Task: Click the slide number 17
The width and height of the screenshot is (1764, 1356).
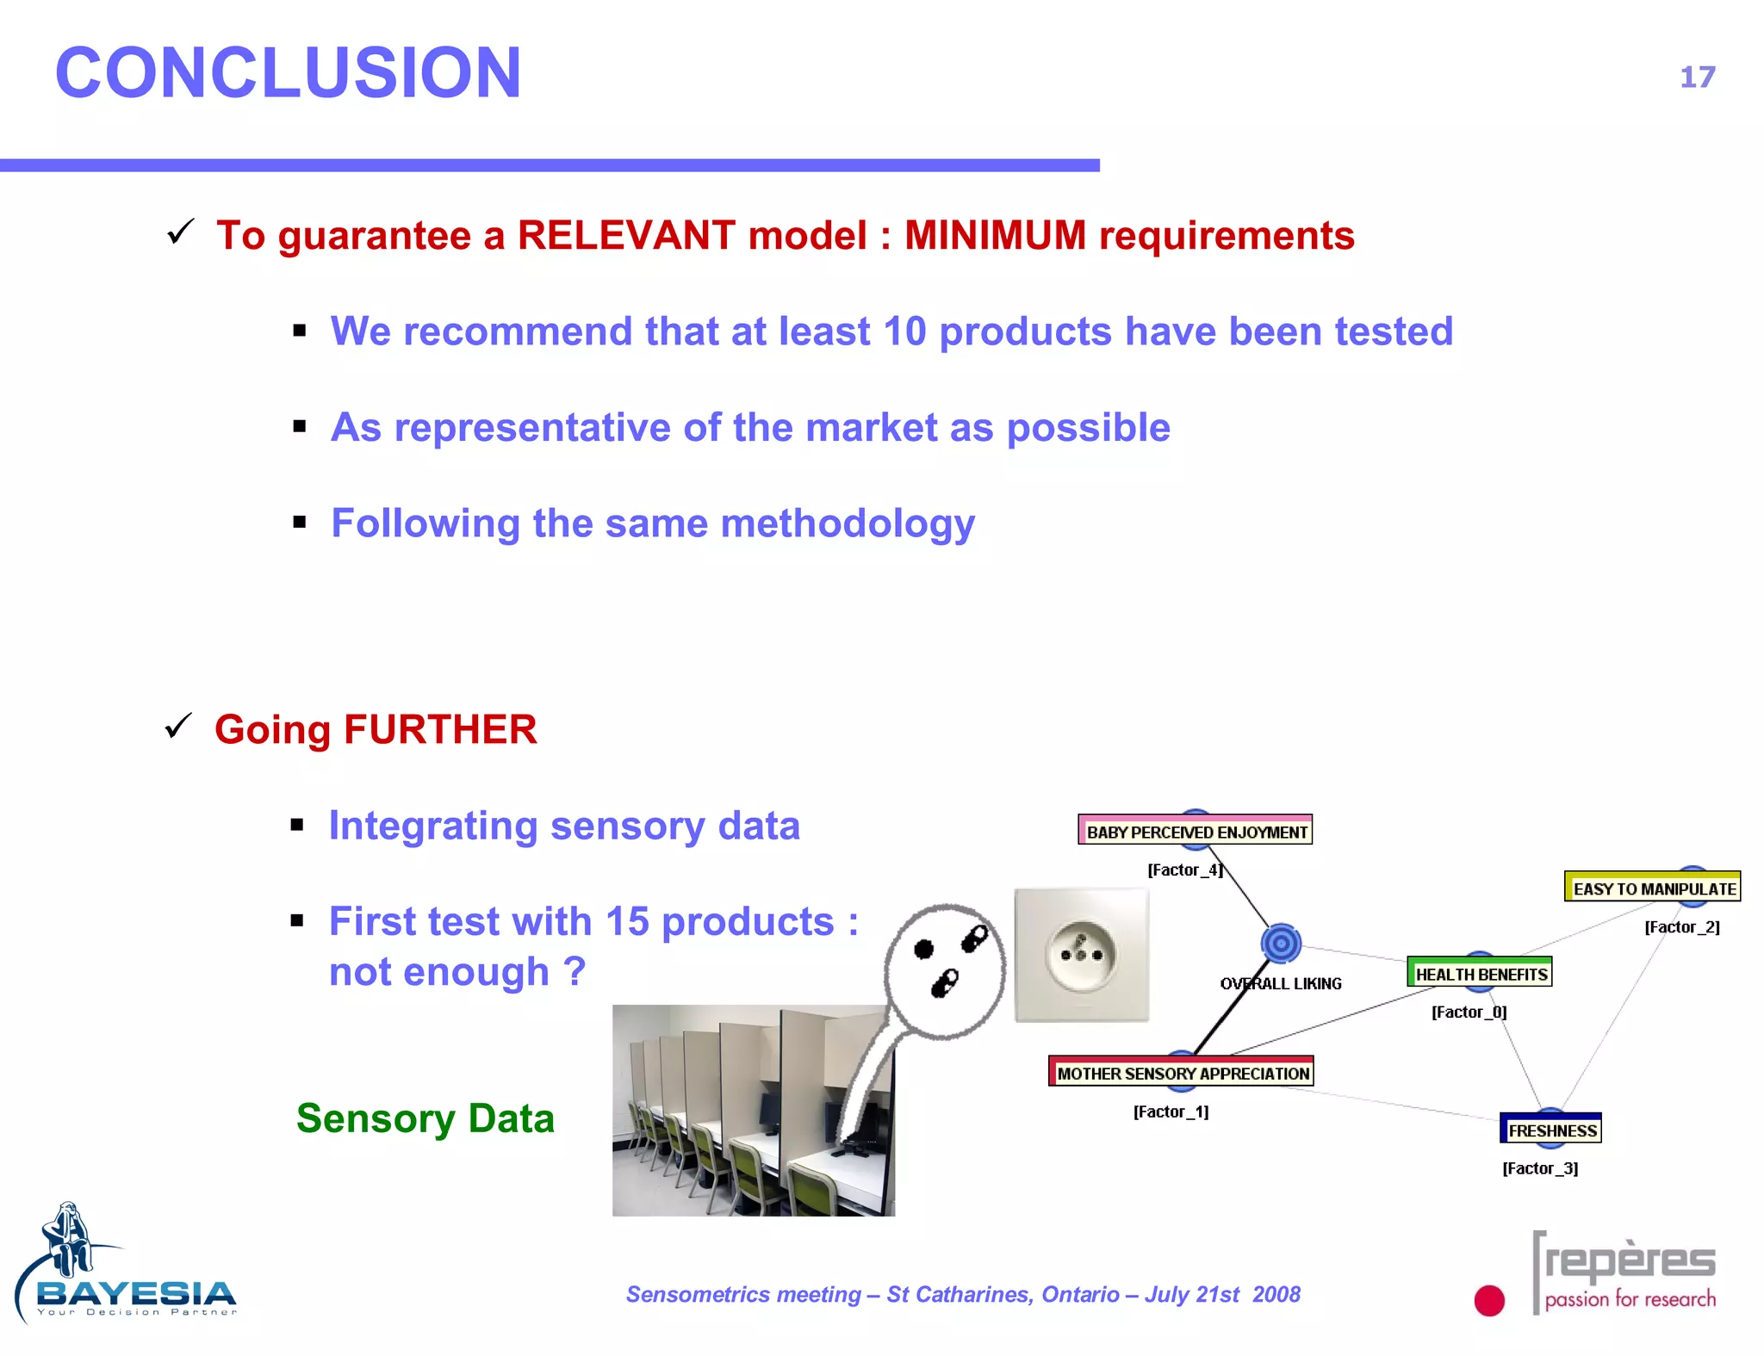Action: [x=1697, y=77]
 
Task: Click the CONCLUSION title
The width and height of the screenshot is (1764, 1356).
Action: [x=288, y=73]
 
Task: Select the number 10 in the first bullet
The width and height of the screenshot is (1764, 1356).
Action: [x=904, y=332]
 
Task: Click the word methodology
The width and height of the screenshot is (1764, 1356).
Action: [x=848, y=524]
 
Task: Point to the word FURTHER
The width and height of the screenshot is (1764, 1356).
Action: [x=440, y=730]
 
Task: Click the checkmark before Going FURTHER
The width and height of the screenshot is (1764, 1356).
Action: [x=178, y=727]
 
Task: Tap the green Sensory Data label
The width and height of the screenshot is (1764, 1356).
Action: [x=425, y=1119]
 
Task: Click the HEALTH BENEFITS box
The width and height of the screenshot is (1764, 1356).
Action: [x=1481, y=974]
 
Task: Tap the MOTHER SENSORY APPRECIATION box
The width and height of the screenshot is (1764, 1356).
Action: [x=1182, y=1073]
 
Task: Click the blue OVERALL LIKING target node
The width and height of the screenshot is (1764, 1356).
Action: [x=1281, y=944]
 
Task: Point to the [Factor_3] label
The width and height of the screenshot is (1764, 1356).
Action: [x=1540, y=1168]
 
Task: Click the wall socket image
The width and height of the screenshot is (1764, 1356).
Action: [x=1081, y=955]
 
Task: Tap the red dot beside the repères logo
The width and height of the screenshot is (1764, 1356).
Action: [x=1489, y=1300]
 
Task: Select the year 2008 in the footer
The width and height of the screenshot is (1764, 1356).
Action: [x=1276, y=1295]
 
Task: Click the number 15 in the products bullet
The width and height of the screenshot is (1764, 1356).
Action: [x=626, y=922]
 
